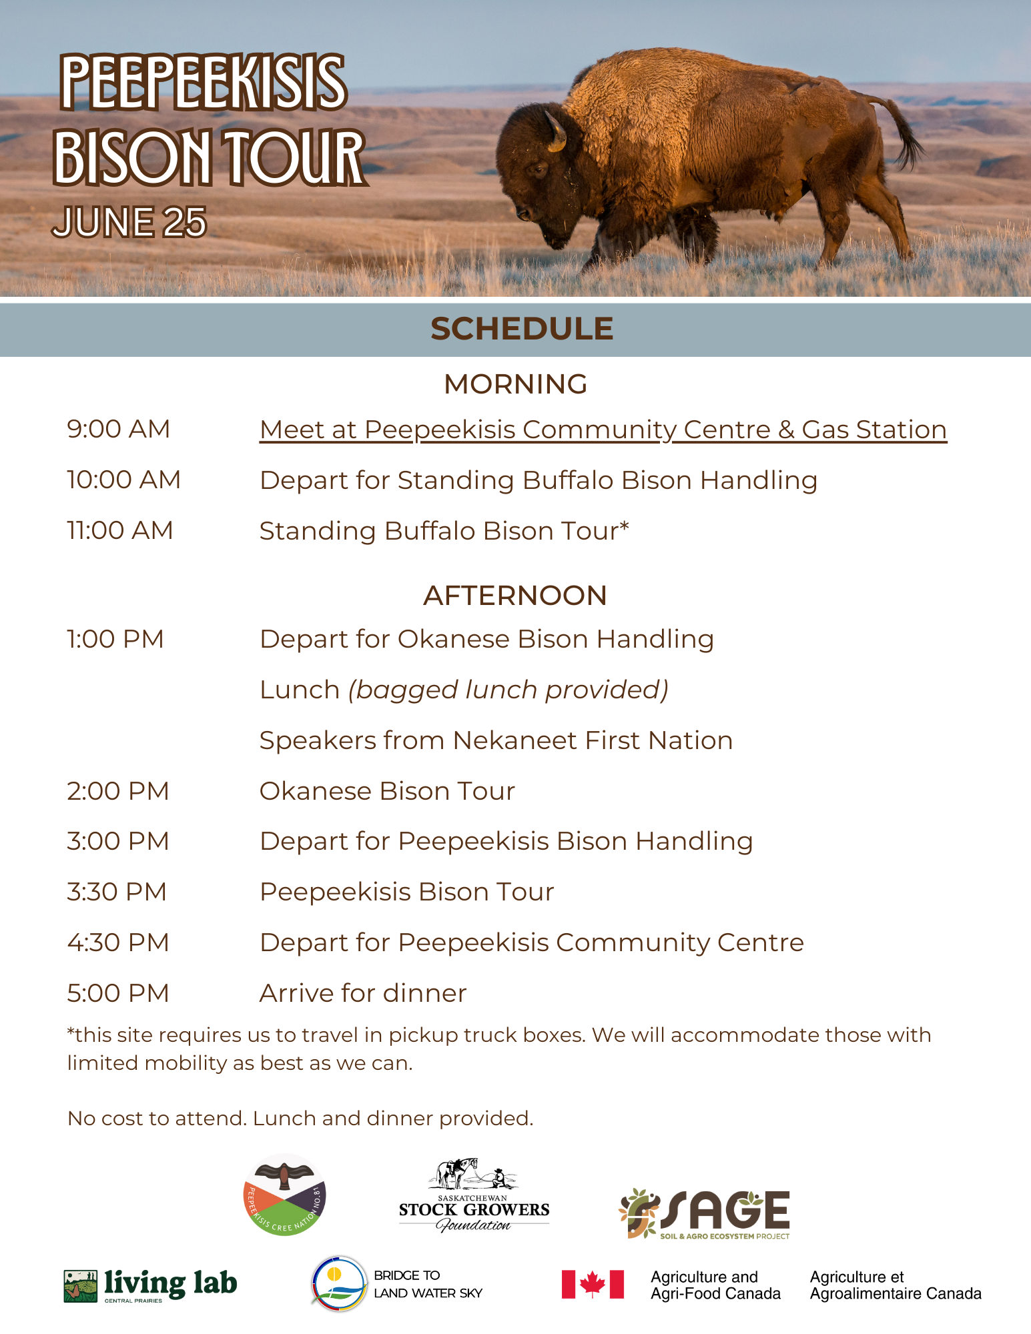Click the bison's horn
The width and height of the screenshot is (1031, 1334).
pyautogui.click(x=556, y=129)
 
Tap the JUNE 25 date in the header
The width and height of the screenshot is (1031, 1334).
pyautogui.click(x=129, y=222)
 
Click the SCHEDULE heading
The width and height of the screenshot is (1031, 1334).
pyautogui.click(x=522, y=329)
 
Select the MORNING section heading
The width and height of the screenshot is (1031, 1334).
pyautogui.click(x=516, y=384)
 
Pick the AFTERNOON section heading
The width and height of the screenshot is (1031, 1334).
pyautogui.click(x=515, y=596)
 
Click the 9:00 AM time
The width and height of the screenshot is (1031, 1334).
pyautogui.click(x=119, y=429)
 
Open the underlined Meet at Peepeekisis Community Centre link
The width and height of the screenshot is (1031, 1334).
pyautogui.click(x=603, y=430)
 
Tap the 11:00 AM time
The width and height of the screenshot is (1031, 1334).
pyautogui.click(x=120, y=530)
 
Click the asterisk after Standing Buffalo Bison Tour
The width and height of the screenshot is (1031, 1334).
pyautogui.click(x=624, y=526)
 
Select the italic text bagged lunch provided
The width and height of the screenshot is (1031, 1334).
pyautogui.click(x=508, y=690)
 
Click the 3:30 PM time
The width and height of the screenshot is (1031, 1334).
pyautogui.click(x=117, y=892)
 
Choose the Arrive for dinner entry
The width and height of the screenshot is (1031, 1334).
pyautogui.click(x=363, y=993)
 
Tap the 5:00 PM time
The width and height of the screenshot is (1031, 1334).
pyautogui.click(x=118, y=993)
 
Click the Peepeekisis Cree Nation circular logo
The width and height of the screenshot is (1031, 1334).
pyautogui.click(x=285, y=1195)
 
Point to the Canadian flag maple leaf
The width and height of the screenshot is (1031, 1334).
pyautogui.click(x=593, y=1283)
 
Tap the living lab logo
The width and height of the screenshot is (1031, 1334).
pyautogui.click(x=151, y=1285)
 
